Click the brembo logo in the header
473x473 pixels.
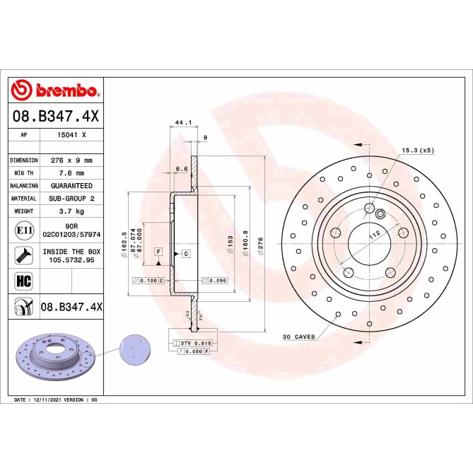click(55, 90)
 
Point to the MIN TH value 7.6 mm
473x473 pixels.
click(71, 173)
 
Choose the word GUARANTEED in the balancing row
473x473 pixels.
click(71, 186)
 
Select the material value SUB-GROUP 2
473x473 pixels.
click(71, 199)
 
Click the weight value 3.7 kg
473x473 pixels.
click(71, 211)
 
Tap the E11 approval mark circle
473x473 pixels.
click(23, 230)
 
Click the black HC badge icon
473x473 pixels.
click(23, 280)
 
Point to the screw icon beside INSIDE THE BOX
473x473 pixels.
click(23, 255)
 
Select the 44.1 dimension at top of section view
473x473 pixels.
click(183, 122)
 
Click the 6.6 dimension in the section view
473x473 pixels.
click(182, 169)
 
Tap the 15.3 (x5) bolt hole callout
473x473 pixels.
click(418, 151)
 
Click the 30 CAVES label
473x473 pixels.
click(298, 337)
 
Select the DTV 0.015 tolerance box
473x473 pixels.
click(192, 342)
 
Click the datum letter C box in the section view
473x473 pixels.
click(185, 253)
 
